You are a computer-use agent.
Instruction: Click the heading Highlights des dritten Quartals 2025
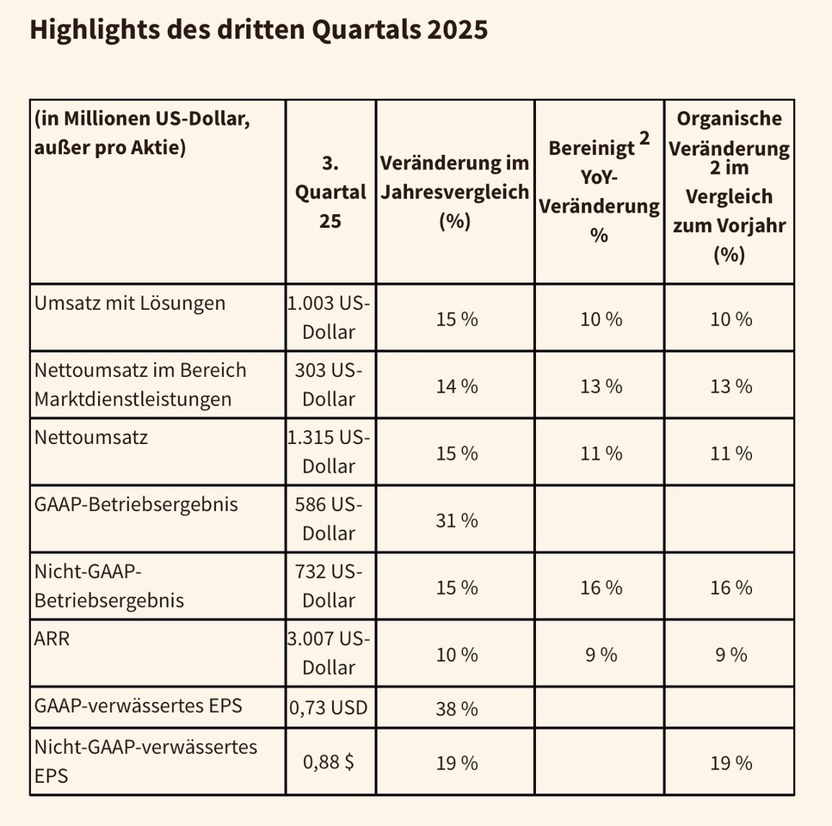(x=258, y=32)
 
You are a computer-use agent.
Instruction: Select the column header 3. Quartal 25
(x=330, y=191)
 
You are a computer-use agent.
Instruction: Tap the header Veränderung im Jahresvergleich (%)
(x=454, y=191)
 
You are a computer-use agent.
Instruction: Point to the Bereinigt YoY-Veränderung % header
(x=599, y=191)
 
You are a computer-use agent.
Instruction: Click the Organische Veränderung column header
(x=728, y=186)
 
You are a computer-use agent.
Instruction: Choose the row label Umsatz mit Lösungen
(x=130, y=303)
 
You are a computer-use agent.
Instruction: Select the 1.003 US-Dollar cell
(x=330, y=317)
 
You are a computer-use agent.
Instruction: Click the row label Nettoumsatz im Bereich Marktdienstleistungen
(x=140, y=385)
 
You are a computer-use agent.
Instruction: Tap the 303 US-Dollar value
(x=330, y=385)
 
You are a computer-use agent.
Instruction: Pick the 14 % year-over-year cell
(x=455, y=385)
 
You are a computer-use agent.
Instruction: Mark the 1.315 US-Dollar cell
(x=330, y=452)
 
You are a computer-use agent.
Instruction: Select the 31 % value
(x=455, y=520)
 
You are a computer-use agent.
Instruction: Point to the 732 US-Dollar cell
(x=330, y=586)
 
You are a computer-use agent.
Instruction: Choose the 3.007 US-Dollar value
(x=330, y=653)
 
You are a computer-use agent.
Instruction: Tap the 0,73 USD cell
(x=331, y=708)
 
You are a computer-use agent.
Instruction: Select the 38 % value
(x=455, y=709)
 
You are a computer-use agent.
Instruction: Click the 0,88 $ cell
(x=331, y=761)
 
